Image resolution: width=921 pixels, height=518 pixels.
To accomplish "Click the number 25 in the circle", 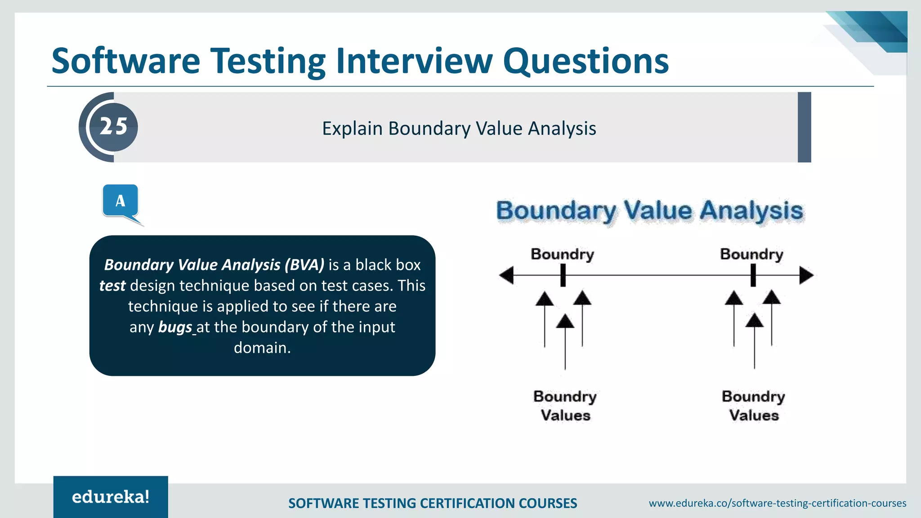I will (x=113, y=127).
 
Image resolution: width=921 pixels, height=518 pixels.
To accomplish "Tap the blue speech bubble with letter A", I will (x=120, y=201).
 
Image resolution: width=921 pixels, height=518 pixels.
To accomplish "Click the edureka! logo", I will (x=111, y=497).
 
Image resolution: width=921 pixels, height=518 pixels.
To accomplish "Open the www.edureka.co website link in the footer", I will (x=777, y=503).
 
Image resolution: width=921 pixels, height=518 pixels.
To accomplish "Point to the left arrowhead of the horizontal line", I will (x=506, y=275).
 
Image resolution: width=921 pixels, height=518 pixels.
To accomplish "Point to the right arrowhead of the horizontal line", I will (x=806, y=275).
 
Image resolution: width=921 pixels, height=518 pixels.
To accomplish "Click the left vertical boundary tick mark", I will (x=563, y=275).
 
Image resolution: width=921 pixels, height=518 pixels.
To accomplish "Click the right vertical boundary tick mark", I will (x=753, y=275).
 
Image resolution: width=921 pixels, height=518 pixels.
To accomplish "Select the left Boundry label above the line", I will (x=562, y=254).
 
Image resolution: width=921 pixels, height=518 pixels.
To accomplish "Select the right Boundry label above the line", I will (x=751, y=254).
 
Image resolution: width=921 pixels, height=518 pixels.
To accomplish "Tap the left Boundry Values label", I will (x=565, y=406).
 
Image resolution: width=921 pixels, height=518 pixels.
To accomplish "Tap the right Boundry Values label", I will (x=753, y=406).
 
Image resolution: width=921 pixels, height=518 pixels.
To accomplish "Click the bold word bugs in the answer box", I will (x=175, y=327).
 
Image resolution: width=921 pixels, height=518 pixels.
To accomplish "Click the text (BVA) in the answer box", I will (x=304, y=265).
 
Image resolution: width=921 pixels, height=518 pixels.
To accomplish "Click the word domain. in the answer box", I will (x=262, y=348).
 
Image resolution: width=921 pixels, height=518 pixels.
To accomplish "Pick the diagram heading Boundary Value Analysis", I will (x=649, y=211).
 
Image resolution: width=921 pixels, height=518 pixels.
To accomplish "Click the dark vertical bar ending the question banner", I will (x=804, y=127).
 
